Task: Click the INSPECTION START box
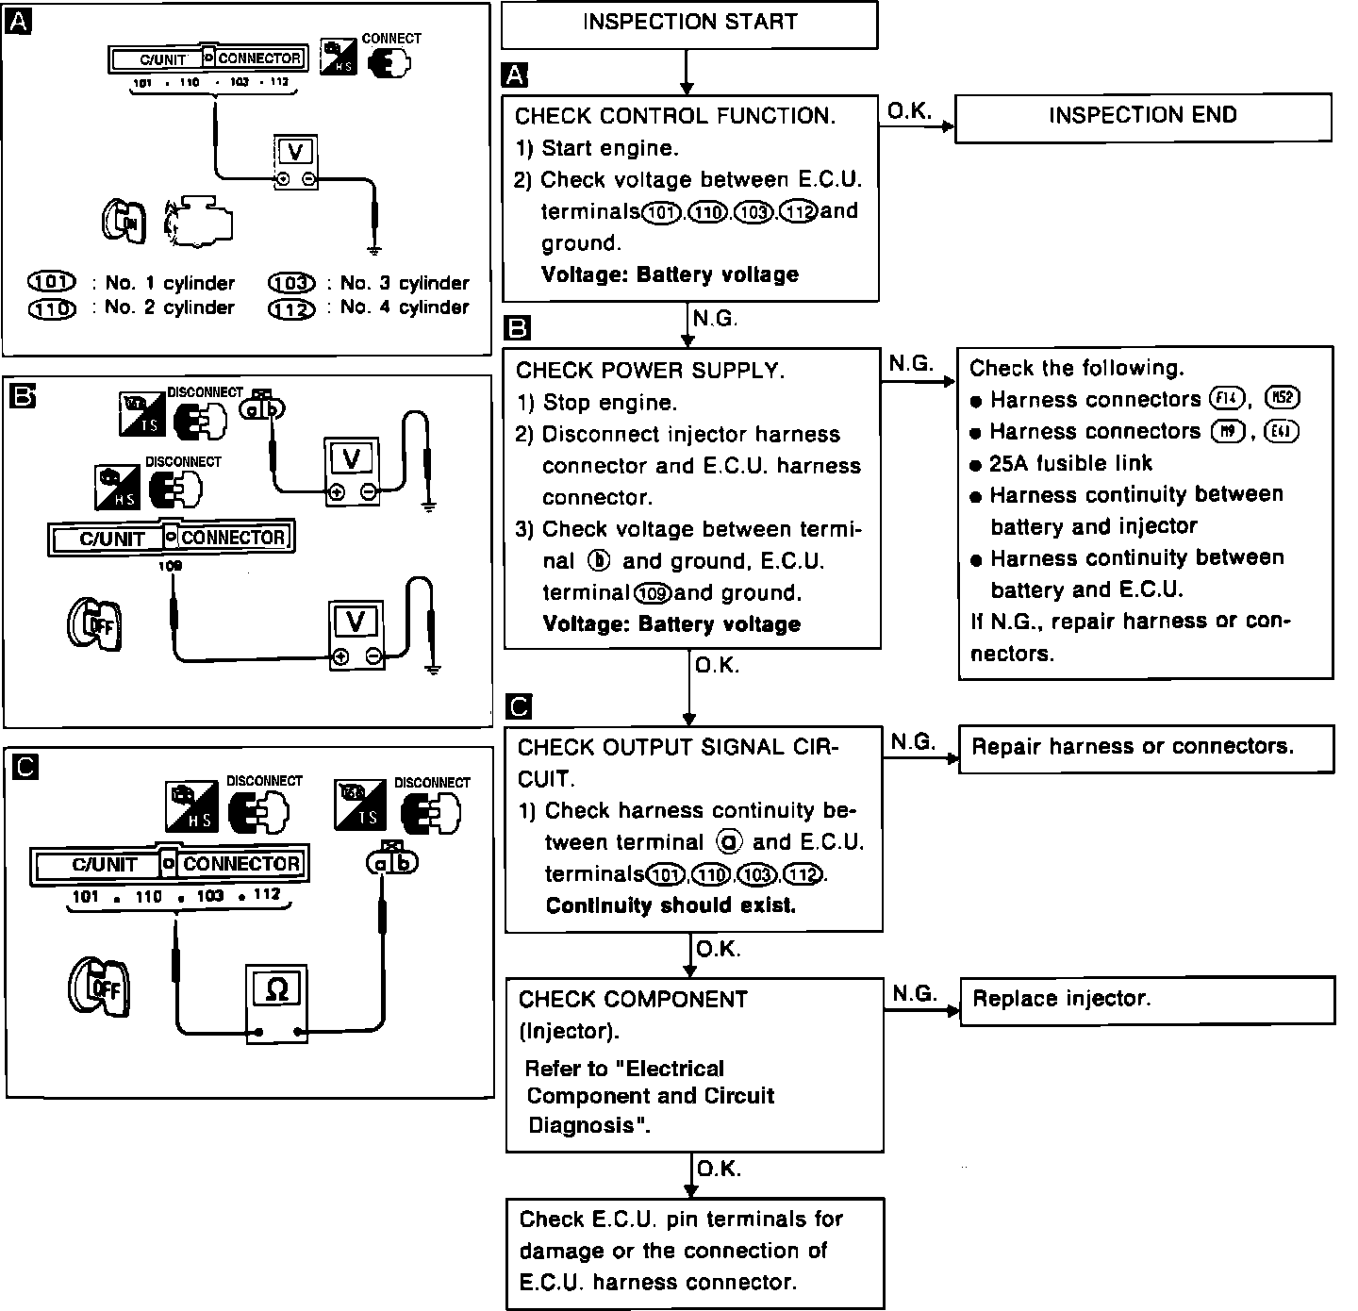[x=689, y=24]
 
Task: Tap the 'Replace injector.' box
[x=1147, y=1000]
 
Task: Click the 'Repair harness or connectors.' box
[x=1146, y=748]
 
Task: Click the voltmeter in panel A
[x=295, y=161]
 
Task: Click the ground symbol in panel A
[x=374, y=250]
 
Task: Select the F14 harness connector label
[x=1228, y=399]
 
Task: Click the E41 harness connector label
[x=1283, y=432]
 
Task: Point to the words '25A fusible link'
[x=1070, y=463]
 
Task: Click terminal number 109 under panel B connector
[x=171, y=566]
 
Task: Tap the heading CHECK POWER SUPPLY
[x=650, y=371]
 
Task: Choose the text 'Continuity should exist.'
[x=671, y=906]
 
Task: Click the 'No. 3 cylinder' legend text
[x=405, y=283]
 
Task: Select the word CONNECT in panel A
[x=391, y=39]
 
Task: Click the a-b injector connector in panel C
[x=392, y=861]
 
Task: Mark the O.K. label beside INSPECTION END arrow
[x=909, y=111]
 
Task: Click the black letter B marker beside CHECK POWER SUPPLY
[x=519, y=327]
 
